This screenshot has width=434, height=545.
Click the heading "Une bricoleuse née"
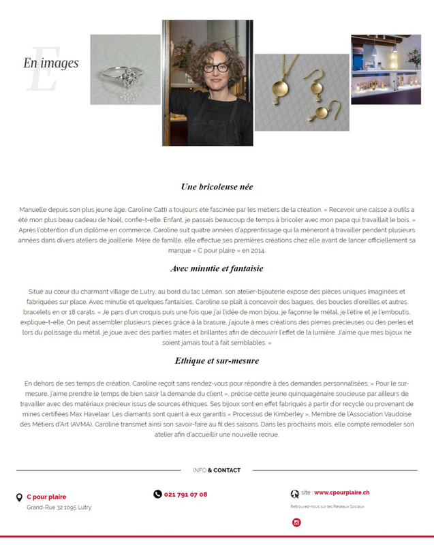(217, 187)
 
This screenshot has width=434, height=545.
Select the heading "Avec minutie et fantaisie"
(217, 268)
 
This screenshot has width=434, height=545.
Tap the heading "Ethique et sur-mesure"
(217, 360)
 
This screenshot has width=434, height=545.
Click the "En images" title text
(51, 63)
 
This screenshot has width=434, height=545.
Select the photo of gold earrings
(301, 92)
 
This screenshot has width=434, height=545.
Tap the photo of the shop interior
(386, 69)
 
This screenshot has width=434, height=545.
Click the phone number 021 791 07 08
(185, 494)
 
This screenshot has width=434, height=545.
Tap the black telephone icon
(157, 494)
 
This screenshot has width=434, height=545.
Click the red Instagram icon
(296, 523)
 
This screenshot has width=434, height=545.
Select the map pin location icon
(19, 498)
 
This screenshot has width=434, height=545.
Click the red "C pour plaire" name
(46, 497)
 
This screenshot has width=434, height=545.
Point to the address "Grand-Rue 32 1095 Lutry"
(59, 508)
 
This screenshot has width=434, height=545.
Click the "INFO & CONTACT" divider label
(217, 470)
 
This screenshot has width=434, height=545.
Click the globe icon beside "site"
(295, 494)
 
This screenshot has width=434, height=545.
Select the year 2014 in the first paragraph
(243, 250)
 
